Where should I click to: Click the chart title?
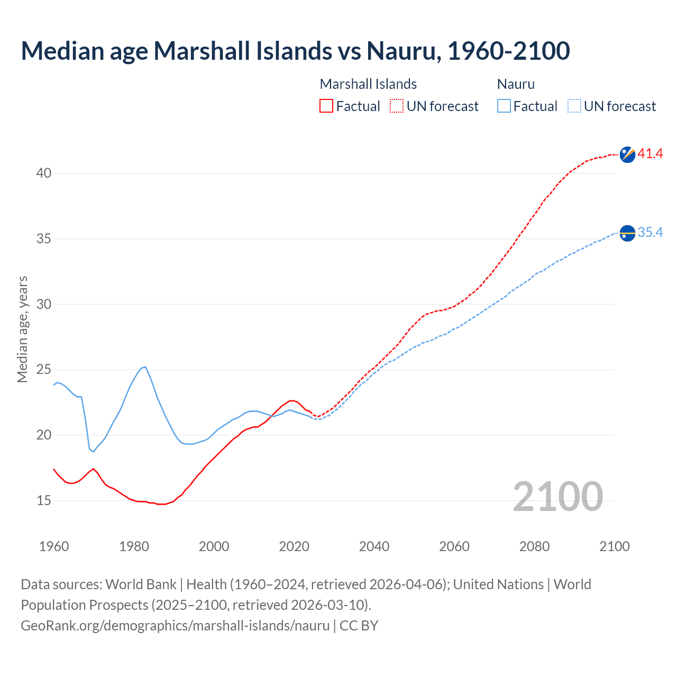coord(295,51)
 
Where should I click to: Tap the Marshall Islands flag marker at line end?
coord(627,154)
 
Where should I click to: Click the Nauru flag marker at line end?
coord(627,233)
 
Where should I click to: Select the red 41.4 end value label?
coord(650,154)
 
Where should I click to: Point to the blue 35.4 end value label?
coord(650,233)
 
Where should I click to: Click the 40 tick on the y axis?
coord(44,173)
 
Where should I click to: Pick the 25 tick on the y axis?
coord(44,370)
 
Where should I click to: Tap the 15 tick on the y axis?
coord(44,500)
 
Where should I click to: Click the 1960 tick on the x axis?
coord(54,546)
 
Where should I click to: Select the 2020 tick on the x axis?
coord(294,546)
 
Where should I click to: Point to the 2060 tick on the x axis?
coord(454,546)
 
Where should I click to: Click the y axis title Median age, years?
coord(22,329)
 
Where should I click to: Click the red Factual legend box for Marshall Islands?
coord(326,106)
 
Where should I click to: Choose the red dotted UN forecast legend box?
coord(397,106)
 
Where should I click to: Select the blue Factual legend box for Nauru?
coord(504,106)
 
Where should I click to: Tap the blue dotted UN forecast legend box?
coord(574,106)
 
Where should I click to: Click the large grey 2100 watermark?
coord(557,497)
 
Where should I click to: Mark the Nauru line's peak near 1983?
coord(145,367)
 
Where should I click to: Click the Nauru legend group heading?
coord(516,84)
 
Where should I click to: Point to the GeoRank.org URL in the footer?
coord(175,626)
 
